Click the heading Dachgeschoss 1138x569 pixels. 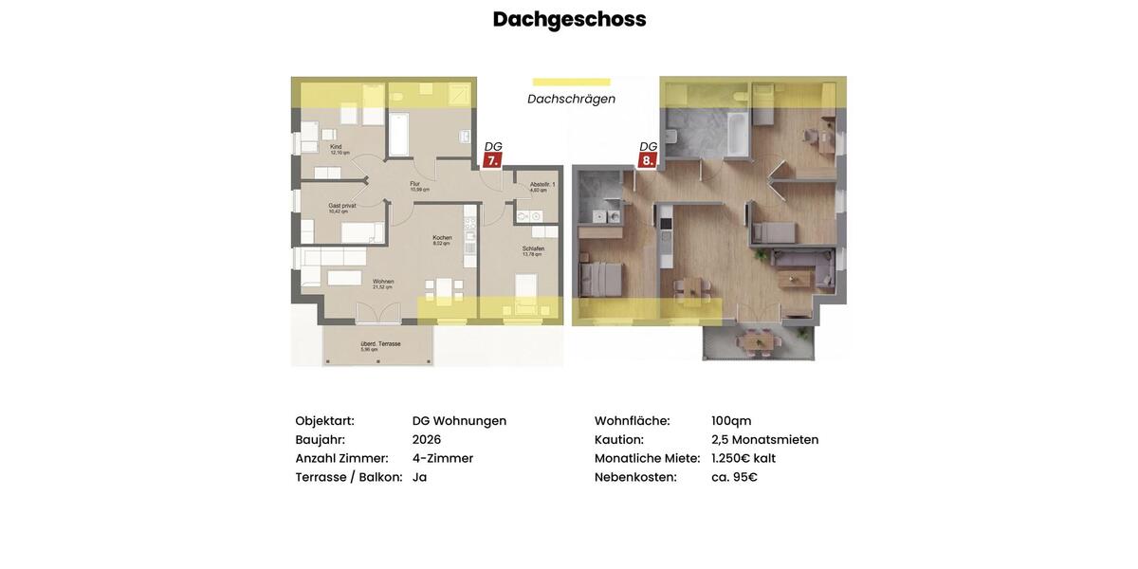click(x=569, y=19)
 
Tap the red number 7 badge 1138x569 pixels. click(x=492, y=160)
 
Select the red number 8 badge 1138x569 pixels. click(x=648, y=160)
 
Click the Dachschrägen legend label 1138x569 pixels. click(x=571, y=99)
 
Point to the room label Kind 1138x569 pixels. click(x=337, y=147)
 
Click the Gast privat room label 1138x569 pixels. click(x=342, y=206)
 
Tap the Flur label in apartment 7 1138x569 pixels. click(x=415, y=184)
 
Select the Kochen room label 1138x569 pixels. click(x=442, y=238)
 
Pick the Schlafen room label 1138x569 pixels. click(x=533, y=249)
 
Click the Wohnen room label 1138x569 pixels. click(x=383, y=282)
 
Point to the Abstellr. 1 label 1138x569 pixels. click(x=542, y=185)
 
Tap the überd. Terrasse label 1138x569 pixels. click(x=380, y=344)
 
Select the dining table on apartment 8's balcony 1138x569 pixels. click(x=758, y=339)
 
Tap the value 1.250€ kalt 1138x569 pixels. click(x=743, y=458)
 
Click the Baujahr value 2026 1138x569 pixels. click(x=427, y=439)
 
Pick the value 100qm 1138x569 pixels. click(x=731, y=420)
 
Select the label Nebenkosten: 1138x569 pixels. click(x=635, y=477)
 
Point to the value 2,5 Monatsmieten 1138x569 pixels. click(x=764, y=439)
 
